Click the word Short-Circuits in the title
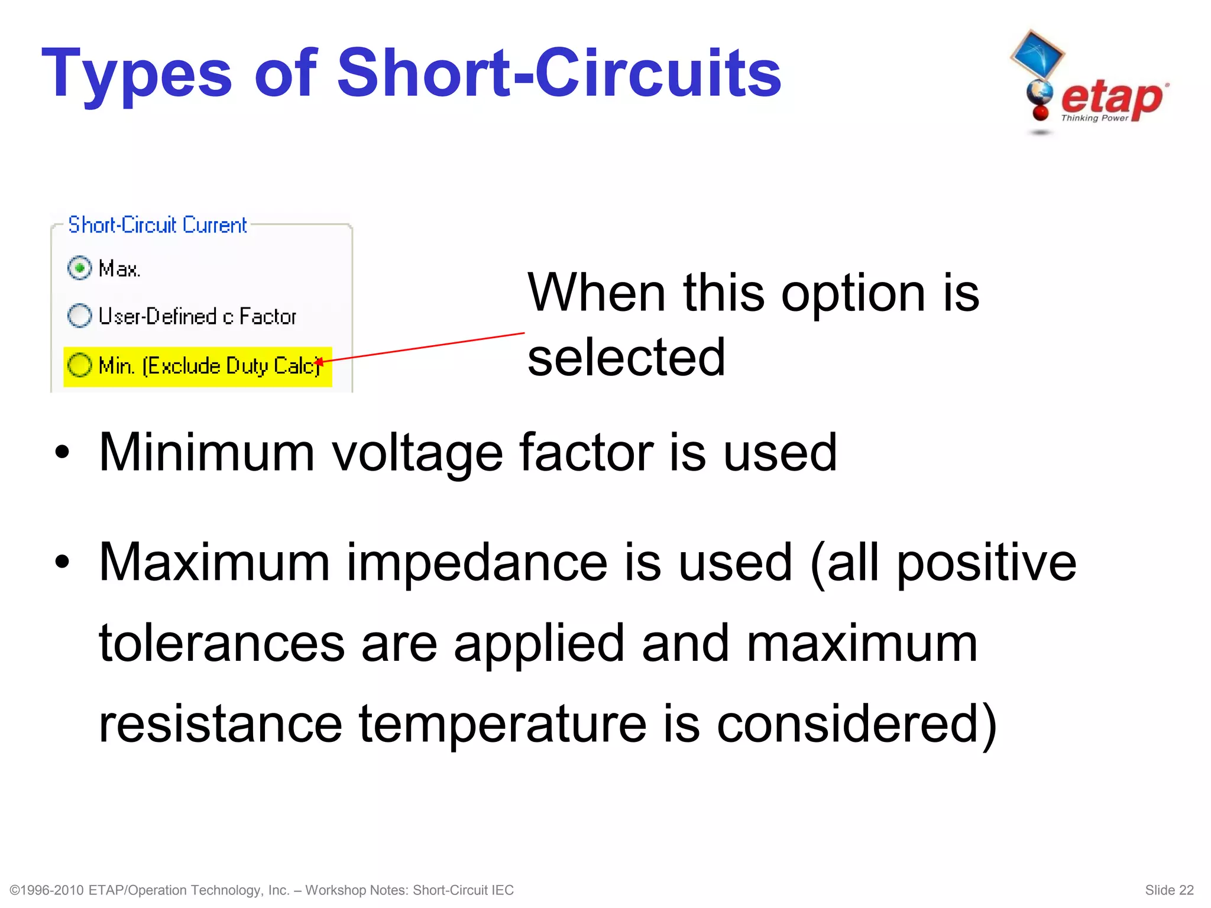coord(559,73)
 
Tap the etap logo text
coord(1112,98)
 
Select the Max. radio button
coord(80,268)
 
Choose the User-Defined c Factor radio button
coord(80,316)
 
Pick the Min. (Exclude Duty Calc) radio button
coord(80,365)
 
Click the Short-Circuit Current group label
coord(157,225)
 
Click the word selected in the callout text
coord(626,358)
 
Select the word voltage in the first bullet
coord(417,453)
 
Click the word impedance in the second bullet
coord(477,563)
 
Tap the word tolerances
coord(221,644)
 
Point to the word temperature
coord(503,724)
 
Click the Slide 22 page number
coord(1169,890)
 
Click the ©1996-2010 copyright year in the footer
coord(47,890)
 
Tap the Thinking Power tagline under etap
coord(1095,118)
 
